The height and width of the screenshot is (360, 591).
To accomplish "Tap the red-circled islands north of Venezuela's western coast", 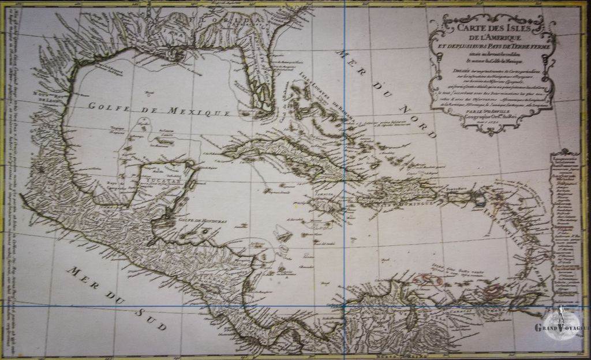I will [428, 280].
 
